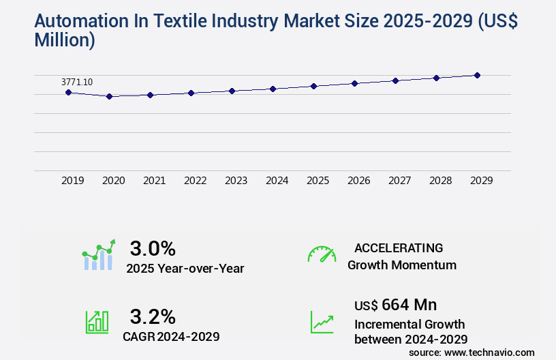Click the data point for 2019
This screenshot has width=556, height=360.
pos(68,92)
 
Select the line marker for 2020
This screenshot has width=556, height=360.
pos(109,97)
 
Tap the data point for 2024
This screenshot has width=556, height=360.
pos(273,89)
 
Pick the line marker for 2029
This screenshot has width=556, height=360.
pos(477,75)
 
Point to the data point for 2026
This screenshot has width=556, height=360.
pos(354,83)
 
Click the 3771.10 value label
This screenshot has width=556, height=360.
pos(77,82)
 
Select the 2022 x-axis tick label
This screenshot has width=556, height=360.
pos(196,181)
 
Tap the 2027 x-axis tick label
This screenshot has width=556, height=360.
pos(400,181)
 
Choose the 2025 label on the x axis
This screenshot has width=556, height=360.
pos(318,181)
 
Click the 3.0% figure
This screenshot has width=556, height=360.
pos(153,247)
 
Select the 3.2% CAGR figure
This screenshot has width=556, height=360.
pos(153,316)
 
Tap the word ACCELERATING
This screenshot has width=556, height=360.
pos(399,247)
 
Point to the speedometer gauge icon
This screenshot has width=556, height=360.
pos(322,254)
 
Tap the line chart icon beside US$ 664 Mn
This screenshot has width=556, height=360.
pos(322,322)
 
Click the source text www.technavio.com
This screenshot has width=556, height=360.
pos(491,352)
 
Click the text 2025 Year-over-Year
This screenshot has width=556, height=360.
pos(185,268)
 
